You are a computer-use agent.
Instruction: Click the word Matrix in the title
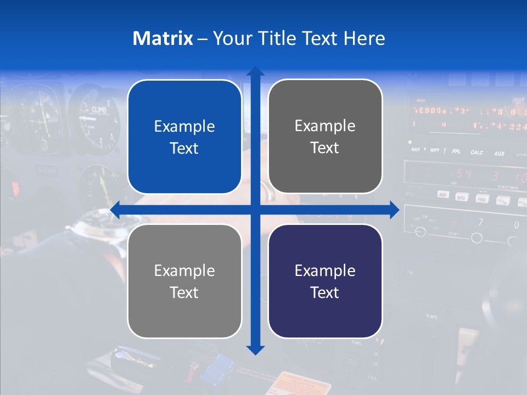coord(162,38)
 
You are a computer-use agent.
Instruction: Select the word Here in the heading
coord(364,38)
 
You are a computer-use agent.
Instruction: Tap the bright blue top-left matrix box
coord(184,137)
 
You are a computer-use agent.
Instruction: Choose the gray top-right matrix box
coord(325,137)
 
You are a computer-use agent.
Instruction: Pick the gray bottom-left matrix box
coord(184,281)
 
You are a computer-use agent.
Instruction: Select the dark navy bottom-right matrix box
coord(325,281)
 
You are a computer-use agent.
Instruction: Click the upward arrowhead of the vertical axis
coord(255,71)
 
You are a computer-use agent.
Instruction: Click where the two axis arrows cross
coord(255,210)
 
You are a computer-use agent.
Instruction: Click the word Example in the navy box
coord(325,270)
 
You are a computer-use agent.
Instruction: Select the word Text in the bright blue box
coord(184,148)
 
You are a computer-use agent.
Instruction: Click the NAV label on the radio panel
coord(416,149)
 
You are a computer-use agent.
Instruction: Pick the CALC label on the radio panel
coord(476,153)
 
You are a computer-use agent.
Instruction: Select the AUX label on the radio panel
coord(499,154)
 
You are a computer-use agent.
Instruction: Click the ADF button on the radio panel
coord(443,194)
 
